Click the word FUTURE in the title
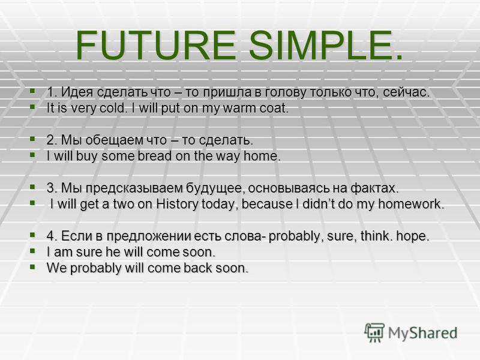(x=156, y=46)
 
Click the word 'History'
(x=177, y=204)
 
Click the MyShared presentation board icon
(x=374, y=332)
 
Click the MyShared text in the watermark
(x=423, y=333)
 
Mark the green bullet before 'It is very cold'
(x=32, y=107)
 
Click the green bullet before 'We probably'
(x=32, y=266)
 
